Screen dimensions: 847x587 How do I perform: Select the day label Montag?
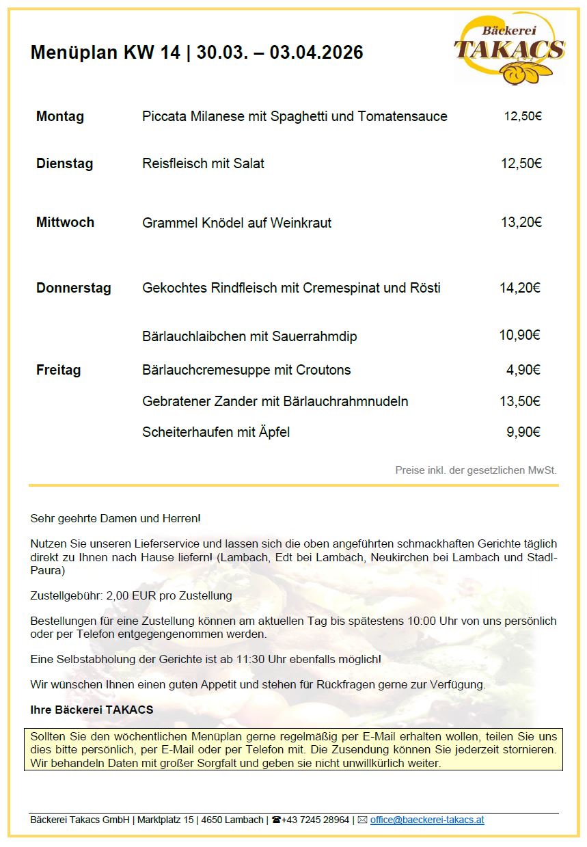point(60,116)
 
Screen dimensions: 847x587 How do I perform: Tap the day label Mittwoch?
point(65,222)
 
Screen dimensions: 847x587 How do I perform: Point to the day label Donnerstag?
point(73,288)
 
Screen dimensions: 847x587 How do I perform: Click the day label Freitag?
point(58,370)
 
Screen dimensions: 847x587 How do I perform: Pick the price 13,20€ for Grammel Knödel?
point(521,222)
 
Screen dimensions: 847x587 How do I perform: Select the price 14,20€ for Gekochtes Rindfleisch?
point(520,288)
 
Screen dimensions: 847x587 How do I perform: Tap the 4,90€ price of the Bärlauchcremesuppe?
point(523,370)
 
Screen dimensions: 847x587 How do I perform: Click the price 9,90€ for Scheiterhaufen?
point(523,432)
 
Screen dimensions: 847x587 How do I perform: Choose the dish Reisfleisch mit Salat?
point(203,163)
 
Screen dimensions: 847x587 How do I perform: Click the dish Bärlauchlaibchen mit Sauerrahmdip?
point(249,336)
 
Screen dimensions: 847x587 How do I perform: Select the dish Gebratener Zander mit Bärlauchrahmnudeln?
point(275,401)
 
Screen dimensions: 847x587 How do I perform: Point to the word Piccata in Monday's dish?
point(163,116)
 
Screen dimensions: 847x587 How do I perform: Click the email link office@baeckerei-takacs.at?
point(427,820)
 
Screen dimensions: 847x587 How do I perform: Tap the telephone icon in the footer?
point(276,820)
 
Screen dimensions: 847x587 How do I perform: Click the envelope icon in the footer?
point(362,820)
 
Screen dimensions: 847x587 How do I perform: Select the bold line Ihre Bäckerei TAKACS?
point(92,710)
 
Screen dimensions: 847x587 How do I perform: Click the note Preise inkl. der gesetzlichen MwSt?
point(476,470)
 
